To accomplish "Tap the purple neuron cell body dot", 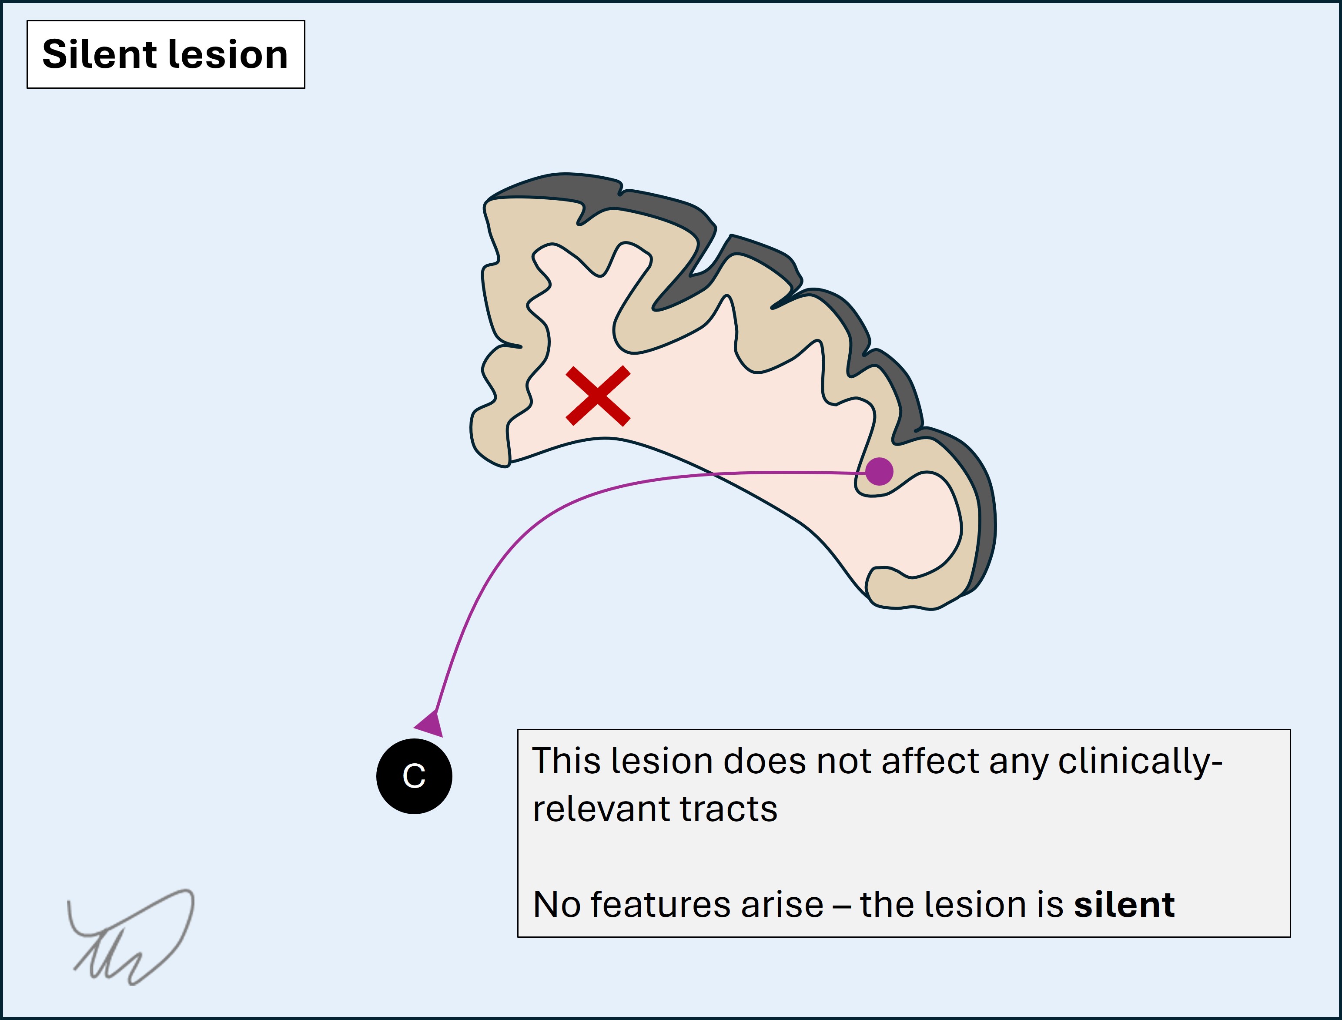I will (x=879, y=471).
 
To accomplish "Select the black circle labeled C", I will (x=414, y=776).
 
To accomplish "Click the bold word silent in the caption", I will (x=1124, y=905).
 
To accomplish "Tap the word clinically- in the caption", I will (x=1139, y=761).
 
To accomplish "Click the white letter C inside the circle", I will (x=414, y=776).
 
